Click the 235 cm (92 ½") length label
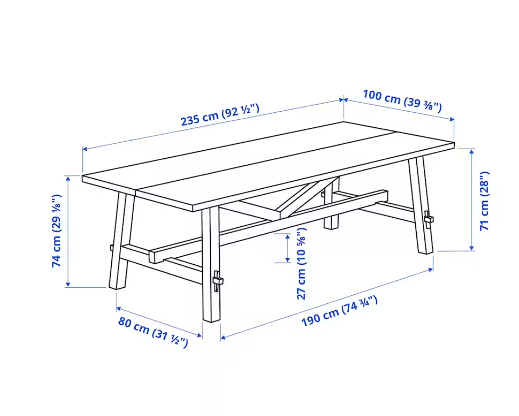pos(220,115)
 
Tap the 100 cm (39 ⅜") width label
pos(402,100)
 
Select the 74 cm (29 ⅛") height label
pos(57,231)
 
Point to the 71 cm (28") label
pos(484,201)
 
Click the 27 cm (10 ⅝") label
pos(301,263)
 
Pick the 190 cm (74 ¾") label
pos(339,311)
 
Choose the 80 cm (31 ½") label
pos(153,332)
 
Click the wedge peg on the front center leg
pos(217,281)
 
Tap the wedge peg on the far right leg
pos(429,219)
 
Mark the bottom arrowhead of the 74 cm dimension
pos(68,284)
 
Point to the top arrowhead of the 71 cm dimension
pos(472,152)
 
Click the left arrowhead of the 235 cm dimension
pos(85,149)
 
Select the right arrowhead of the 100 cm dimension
pos(451,119)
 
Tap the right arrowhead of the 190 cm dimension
pos(431,270)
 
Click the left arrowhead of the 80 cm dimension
pos(118,309)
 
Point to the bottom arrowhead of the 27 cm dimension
pos(288,260)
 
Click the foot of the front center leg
pos(211,320)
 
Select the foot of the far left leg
pos(117,287)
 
